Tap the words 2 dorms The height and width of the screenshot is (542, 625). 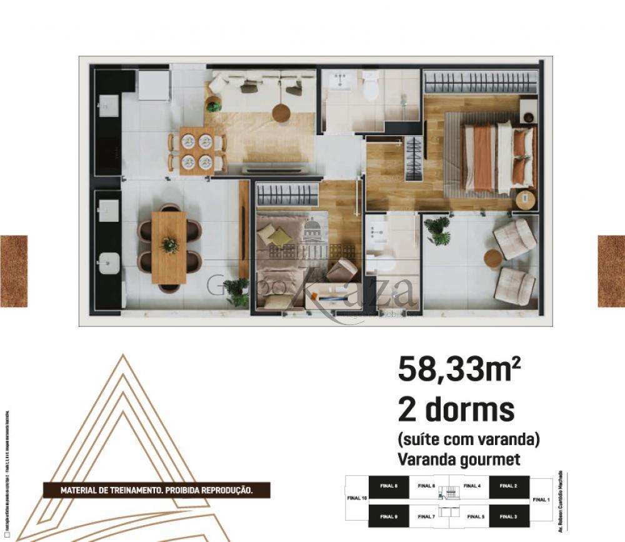point(456,410)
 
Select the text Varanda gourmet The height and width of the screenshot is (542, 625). point(459,459)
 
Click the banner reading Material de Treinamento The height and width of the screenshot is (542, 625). point(156,490)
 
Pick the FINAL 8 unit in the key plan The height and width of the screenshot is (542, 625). point(388,486)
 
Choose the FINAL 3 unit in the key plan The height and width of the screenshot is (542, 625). point(508,516)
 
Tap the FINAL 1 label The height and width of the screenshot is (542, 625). point(541,499)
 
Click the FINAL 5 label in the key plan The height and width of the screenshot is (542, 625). point(475,516)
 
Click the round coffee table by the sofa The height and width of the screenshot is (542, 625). point(281,113)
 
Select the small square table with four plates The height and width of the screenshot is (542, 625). point(197,151)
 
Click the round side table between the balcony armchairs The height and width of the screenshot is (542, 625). point(493,259)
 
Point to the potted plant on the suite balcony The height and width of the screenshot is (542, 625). point(439,230)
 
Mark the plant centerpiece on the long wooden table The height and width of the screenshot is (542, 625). point(169,245)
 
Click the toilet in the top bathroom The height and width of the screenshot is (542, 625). point(371,88)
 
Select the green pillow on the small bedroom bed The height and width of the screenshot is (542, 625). point(280,237)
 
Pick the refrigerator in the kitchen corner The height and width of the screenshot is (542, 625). point(154,86)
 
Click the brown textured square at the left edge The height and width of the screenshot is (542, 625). point(13,271)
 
